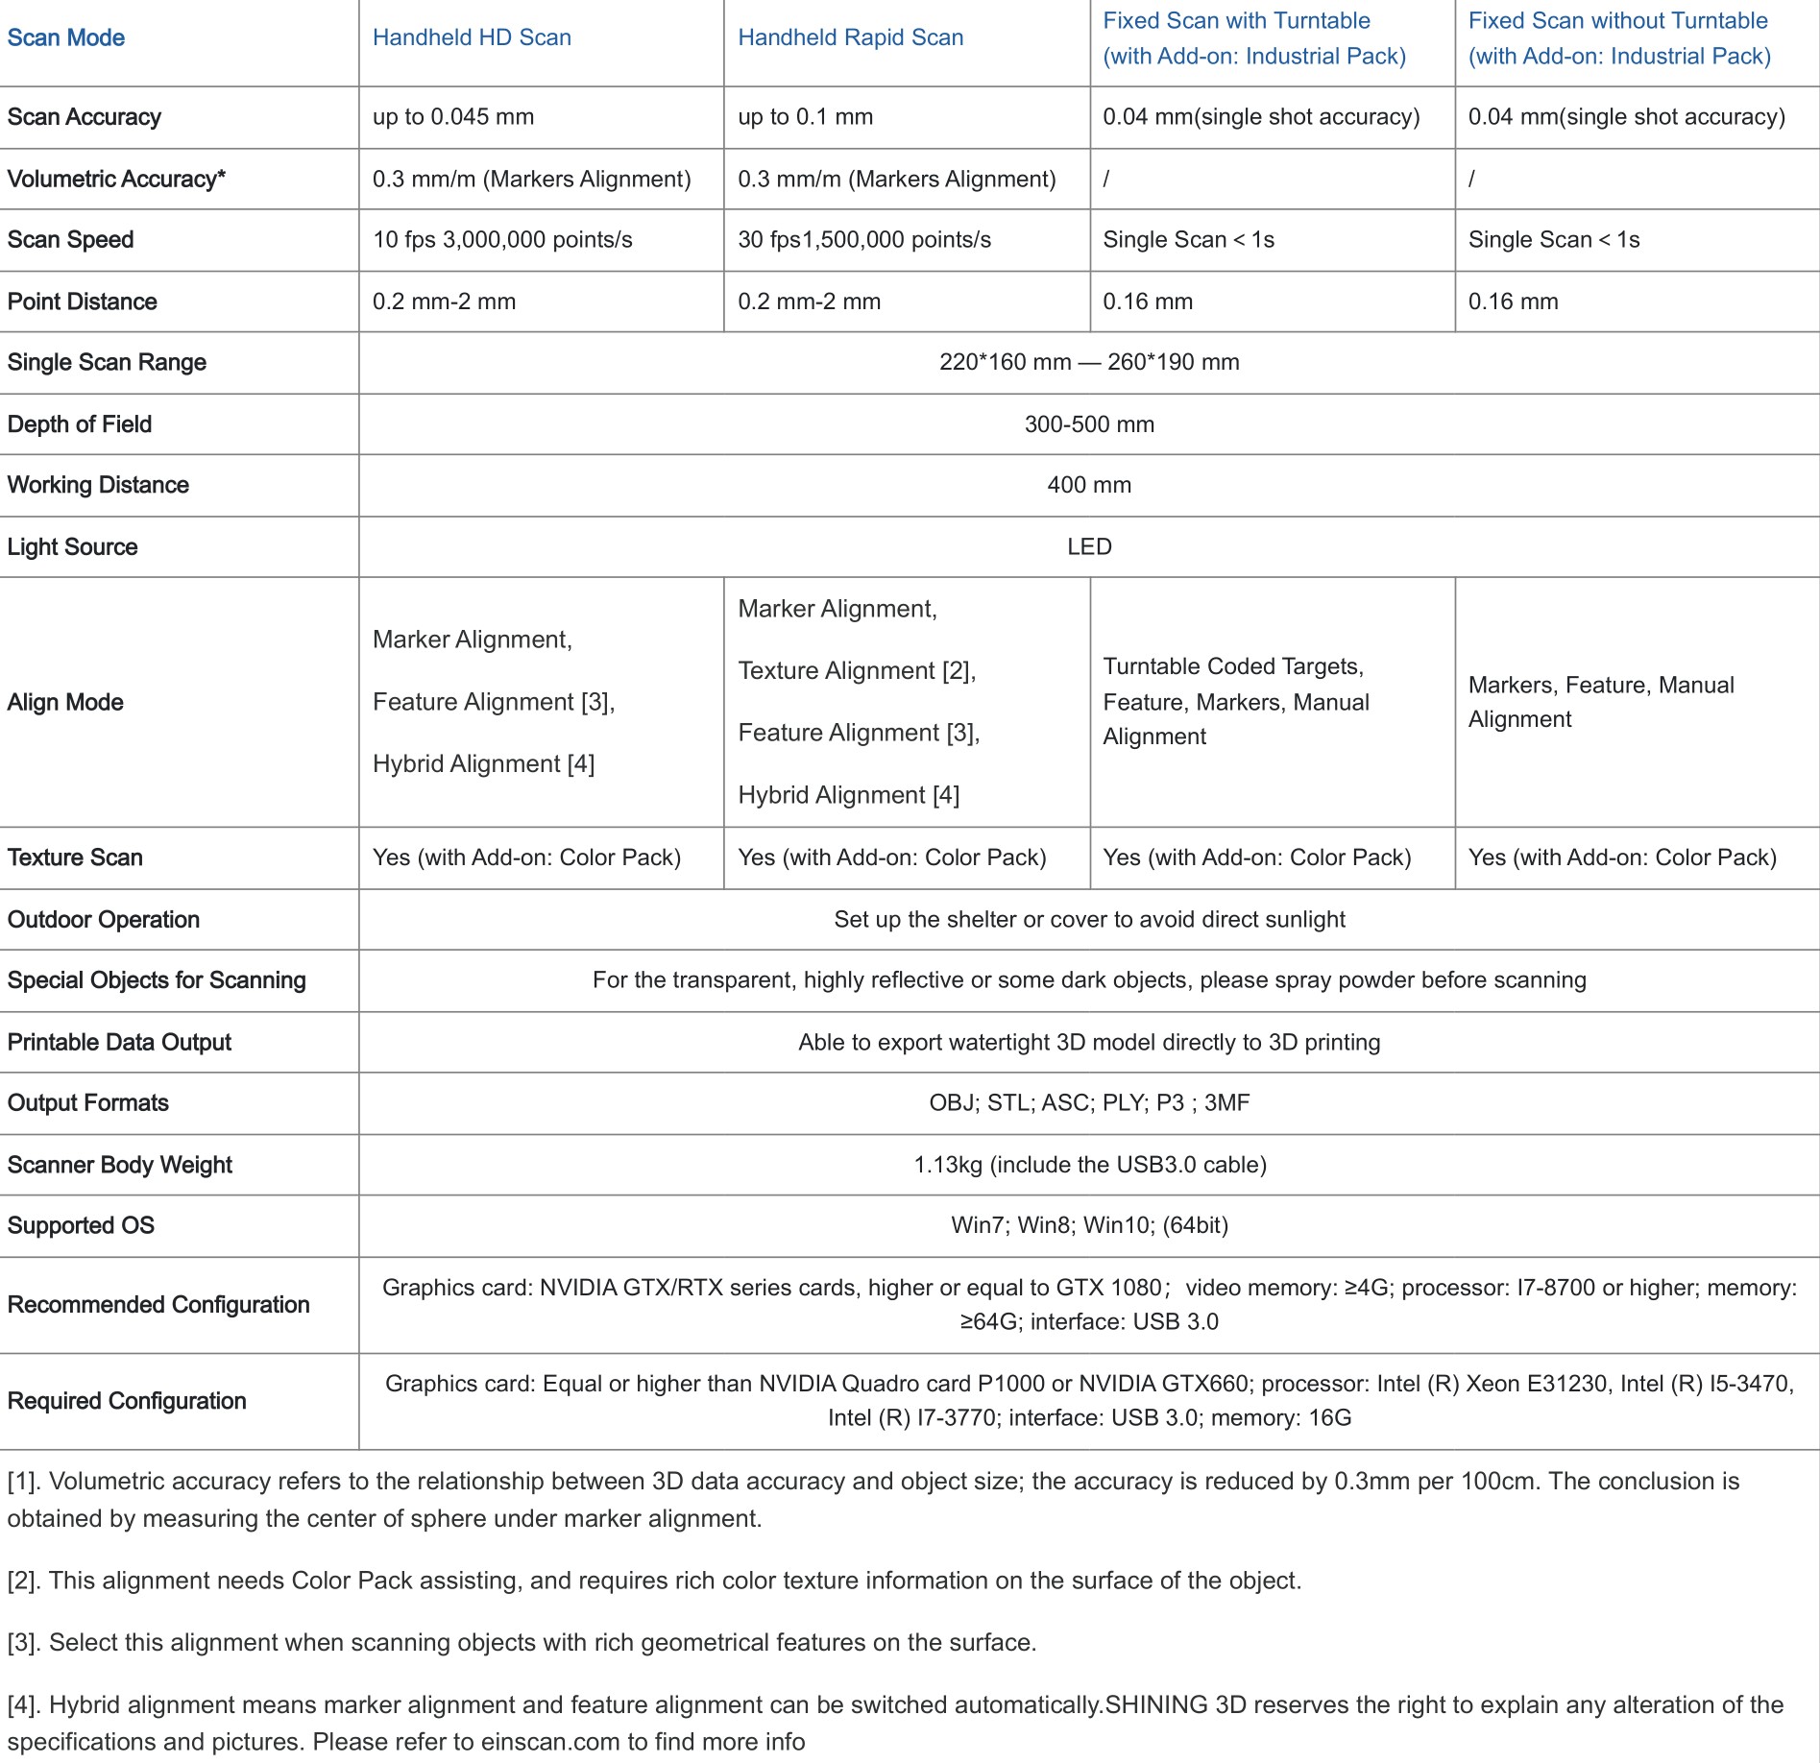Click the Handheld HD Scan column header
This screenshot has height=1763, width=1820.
coord(472,37)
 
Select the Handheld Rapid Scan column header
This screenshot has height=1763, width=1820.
coord(850,37)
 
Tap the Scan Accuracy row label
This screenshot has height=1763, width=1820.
coord(85,117)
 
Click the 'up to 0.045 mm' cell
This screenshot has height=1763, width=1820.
coord(453,117)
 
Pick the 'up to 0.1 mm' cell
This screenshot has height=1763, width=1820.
coord(805,117)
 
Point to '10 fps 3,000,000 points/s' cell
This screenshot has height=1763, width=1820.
coord(502,240)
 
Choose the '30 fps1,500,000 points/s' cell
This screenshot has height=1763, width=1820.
coord(864,240)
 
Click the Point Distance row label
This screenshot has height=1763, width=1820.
coord(83,302)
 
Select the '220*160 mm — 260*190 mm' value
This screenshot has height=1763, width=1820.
coord(1089,362)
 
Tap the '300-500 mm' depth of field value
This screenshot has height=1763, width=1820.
coord(1089,424)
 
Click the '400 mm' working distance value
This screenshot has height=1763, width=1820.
coord(1089,485)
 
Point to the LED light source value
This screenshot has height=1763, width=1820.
coord(1089,546)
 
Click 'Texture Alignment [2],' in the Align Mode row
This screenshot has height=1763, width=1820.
coord(857,670)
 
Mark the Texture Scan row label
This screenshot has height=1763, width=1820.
coord(75,857)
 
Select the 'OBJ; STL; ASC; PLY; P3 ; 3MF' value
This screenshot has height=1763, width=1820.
coord(1089,1102)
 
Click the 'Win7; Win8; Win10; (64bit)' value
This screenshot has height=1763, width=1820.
coord(1089,1225)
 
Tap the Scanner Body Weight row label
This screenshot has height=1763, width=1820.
coord(120,1165)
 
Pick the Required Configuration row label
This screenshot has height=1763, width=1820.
coord(127,1401)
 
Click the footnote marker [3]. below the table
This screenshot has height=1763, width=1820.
coord(25,1643)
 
